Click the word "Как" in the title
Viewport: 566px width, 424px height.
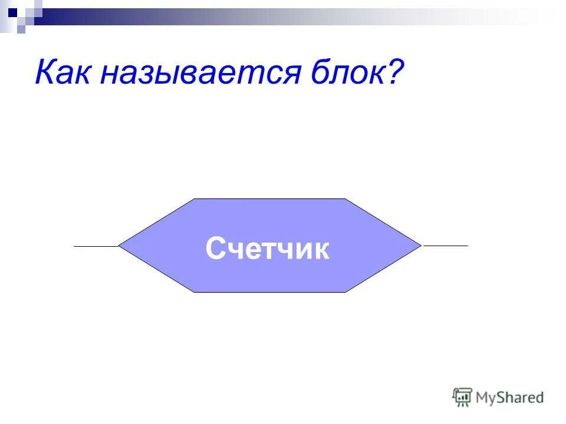pyautogui.click(x=64, y=73)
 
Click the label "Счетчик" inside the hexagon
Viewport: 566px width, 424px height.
pyautogui.click(x=268, y=249)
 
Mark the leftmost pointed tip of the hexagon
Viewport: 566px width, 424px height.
pyautogui.click(x=119, y=246)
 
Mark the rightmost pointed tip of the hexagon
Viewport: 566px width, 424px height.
pyautogui.click(x=421, y=245)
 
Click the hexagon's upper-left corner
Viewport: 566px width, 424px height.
pyautogui.click(x=195, y=199)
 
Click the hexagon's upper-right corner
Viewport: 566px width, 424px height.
pyautogui.click(x=345, y=199)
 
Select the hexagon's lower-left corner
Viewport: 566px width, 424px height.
pyautogui.click(x=195, y=292)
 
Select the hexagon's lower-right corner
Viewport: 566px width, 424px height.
pyautogui.click(x=345, y=292)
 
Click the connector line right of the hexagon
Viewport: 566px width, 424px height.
pyautogui.click(x=445, y=245)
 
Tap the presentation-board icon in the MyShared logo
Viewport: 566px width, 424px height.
pyautogui.click(x=462, y=397)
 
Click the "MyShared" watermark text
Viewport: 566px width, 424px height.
pyautogui.click(x=509, y=397)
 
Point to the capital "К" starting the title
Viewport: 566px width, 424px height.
pyautogui.click(x=45, y=73)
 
